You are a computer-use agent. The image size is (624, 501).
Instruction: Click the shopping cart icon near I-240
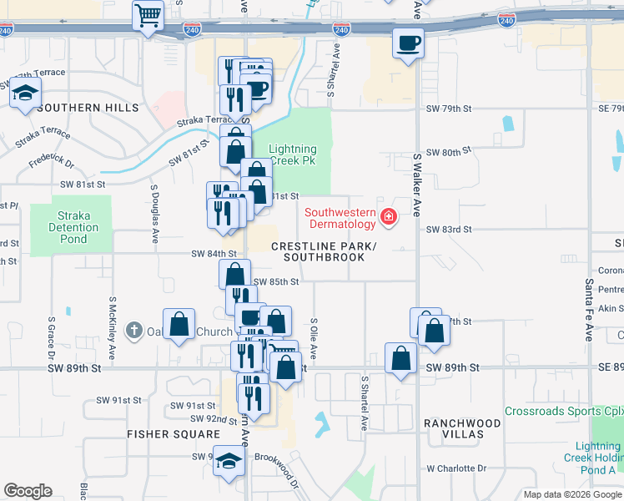(148, 15)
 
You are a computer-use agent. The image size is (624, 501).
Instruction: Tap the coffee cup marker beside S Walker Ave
(408, 43)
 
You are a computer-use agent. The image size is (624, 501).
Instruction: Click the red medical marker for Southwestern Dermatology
(388, 218)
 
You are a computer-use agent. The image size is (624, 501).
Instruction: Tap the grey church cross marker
(133, 331)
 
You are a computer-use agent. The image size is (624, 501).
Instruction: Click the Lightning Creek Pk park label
(292, 155)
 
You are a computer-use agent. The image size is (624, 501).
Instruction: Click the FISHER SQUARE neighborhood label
(174, 434)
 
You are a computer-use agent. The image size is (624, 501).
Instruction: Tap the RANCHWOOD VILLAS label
(462, 429)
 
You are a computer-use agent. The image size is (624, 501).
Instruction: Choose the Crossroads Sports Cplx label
(563, 412)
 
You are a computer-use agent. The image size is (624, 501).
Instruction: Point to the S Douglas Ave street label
(154, 215)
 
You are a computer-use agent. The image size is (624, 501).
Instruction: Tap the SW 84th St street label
(214, 254)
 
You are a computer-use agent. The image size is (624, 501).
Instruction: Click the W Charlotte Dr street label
(455, 469)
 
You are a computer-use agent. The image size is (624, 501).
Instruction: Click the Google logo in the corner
(28, 491)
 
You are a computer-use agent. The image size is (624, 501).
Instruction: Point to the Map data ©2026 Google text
(571, 494)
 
